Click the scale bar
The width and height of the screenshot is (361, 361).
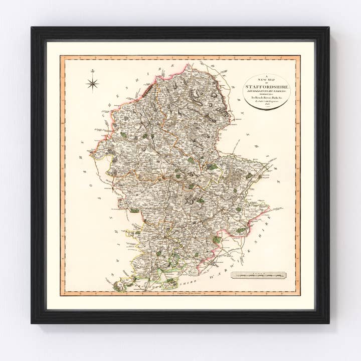pyautogui.click(x=259, y=275)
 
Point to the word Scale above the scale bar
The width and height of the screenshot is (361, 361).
pyautogui.click(x=259, y=272)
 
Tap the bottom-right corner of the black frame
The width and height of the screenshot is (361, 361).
pyautogui.click(x=329, y=323)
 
